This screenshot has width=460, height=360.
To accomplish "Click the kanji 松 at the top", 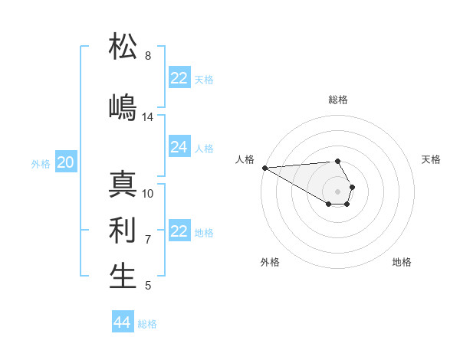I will (x=123, y=47).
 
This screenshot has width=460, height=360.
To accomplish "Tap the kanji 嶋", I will (x=123, y=108).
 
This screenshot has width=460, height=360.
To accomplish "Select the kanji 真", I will (x=123, y=185).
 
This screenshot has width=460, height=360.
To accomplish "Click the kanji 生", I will (x=123, y=277).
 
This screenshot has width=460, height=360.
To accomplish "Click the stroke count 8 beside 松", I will (x=148, y=56).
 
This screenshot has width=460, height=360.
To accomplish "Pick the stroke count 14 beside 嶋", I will (x=148, y=117).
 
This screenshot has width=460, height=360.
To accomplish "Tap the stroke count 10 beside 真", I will (x=148, y=194).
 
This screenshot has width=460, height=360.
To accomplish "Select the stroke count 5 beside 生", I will (x=148, y=286).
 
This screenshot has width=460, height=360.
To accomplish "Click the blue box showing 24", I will (x=179, y=147).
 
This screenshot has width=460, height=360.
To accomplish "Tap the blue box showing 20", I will (x=66, y=162).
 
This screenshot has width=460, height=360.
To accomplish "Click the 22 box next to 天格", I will (x=179, y=78).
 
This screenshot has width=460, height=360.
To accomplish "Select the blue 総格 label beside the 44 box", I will (x=147, y=324).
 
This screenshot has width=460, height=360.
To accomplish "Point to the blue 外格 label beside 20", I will (x=41, y=163).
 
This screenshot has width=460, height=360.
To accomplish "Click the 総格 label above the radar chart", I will (x=338, y=100).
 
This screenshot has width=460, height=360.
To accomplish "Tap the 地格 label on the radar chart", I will (x=402, y=262).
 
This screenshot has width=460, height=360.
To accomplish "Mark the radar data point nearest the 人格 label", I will (x=264, y=168).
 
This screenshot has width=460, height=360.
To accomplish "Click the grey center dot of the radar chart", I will (x=338, y=191).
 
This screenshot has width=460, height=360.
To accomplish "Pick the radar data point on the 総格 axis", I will (x=337, y=161).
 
